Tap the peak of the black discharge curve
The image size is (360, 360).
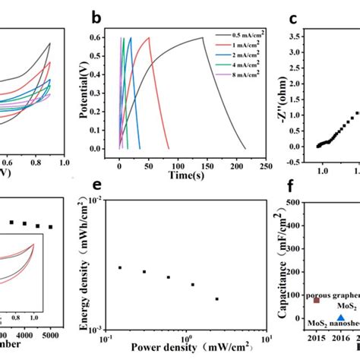click(202, 38)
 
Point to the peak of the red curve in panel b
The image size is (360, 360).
click(149, 38)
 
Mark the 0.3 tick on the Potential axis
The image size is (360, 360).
click(104, 93)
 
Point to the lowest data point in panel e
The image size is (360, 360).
click(217, 299)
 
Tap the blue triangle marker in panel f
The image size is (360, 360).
click(341, 318)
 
